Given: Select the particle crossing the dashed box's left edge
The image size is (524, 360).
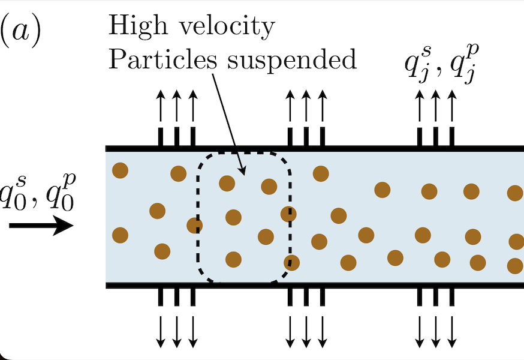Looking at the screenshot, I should click(x=194, y=226).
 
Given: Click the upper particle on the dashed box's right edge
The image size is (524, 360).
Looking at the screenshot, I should click(x=289, y=213).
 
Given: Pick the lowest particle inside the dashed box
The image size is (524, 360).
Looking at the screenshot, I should click(x=233, y=259).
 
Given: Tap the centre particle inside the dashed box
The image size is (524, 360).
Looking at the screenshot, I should click(x=233, y=217).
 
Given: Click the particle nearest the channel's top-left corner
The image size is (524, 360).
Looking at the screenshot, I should click(x=120, y=170).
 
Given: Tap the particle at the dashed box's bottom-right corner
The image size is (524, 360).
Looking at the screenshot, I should click(x=291, y=262).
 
